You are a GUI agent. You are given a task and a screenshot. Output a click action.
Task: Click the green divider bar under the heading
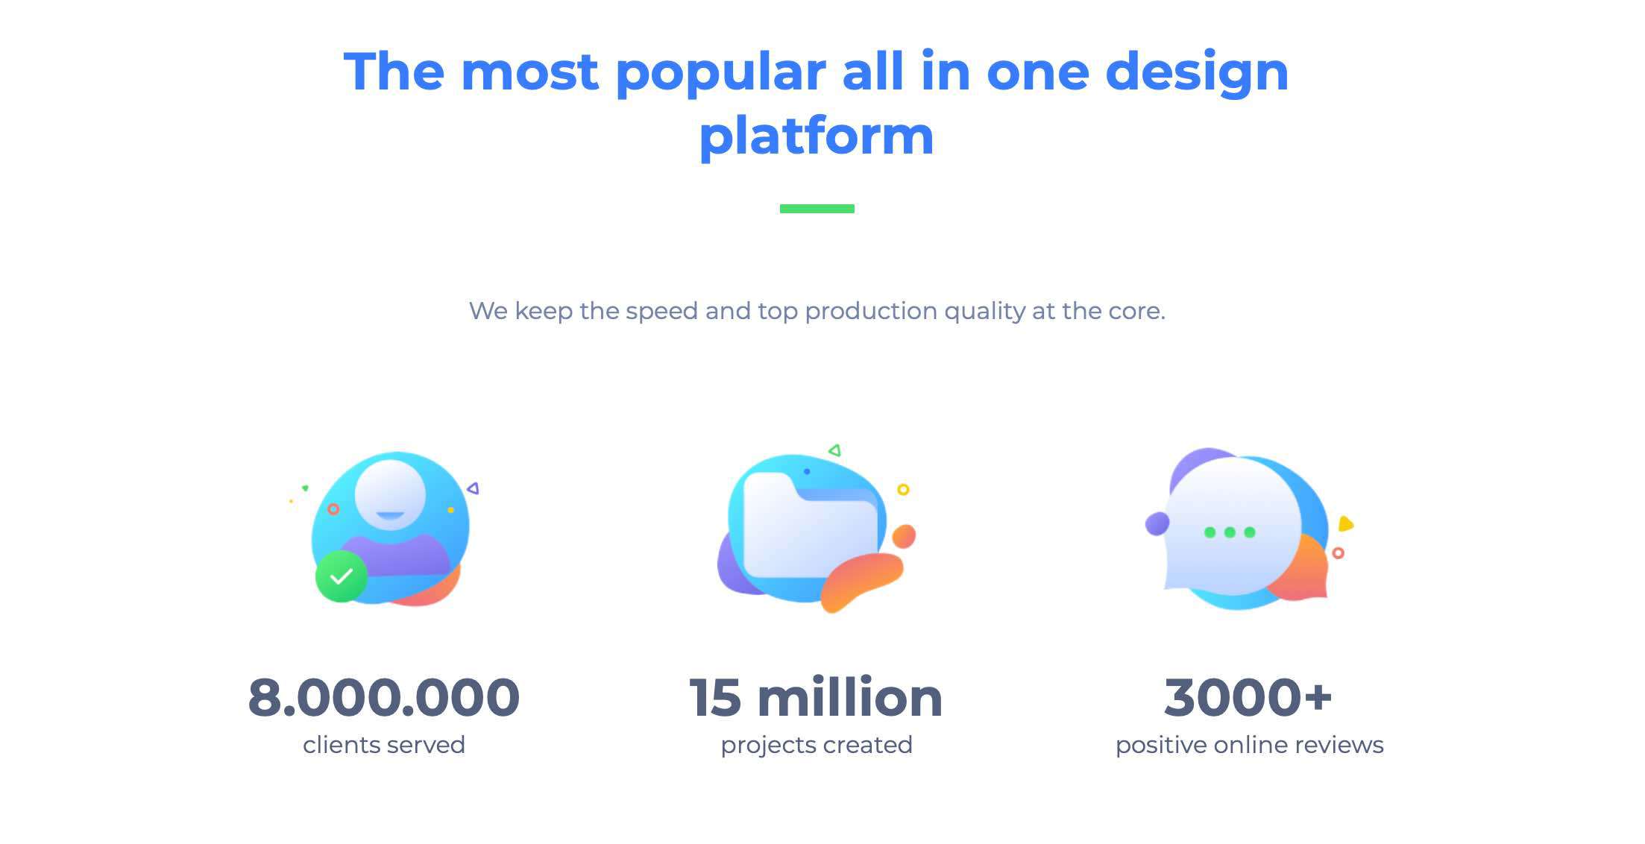click(817, 209)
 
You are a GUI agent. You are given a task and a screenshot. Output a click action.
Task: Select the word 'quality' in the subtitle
click(984, 312)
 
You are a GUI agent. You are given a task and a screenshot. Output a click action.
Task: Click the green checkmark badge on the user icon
click(342, 576)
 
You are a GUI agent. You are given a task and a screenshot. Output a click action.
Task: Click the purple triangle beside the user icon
click(473, 488)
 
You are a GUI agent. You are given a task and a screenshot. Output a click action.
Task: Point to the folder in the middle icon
click(811, 526)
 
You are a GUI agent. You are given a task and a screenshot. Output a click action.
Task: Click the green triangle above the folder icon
click(834, 450)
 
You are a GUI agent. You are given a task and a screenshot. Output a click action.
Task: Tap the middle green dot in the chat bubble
click(1230, 532)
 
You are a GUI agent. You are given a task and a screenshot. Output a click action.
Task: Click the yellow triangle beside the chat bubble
click(1345, 523)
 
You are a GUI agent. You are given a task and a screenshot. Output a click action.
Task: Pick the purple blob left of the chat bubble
click(1157, 523)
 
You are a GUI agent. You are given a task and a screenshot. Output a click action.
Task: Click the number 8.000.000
click(383, 698)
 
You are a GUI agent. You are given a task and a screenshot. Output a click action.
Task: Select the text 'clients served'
click(384, 745)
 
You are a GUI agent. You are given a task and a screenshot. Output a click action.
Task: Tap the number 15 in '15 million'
click(715, 698)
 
